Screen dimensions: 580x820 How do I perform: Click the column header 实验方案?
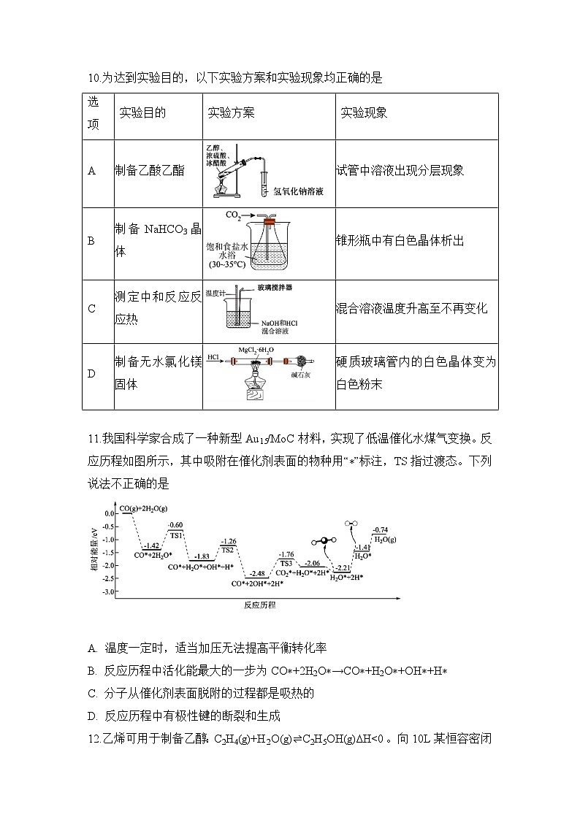click(x=232, y=113)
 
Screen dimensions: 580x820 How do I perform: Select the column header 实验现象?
click(x=364, y=113)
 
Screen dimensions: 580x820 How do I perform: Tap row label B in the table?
click(x=91, y=240)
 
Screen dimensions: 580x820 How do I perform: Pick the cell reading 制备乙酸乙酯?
click(x=150, y=171)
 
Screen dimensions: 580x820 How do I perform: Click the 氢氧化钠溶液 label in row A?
click(x=298, y=191)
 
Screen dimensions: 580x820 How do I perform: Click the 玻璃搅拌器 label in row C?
click(x=275, y=288)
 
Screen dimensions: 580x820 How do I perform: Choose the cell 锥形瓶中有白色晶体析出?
click(x=400, y=240)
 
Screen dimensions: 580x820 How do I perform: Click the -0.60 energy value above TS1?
click(x=175, y=525)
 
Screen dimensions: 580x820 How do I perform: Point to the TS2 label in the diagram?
click(x=228, y=550)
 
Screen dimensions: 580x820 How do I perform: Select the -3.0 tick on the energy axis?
click(x=110, y=592)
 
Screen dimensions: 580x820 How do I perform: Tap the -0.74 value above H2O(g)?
click(x=380, y=530)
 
